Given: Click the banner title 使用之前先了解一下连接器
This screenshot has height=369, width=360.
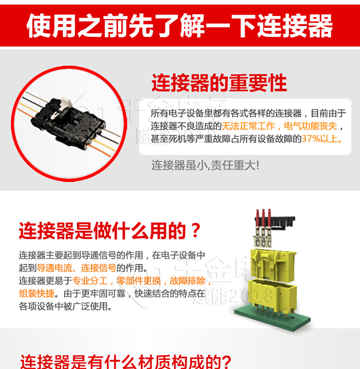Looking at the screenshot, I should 180,25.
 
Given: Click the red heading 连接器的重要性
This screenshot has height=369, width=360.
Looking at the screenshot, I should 219,83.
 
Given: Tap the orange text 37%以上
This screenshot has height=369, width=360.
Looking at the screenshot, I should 322,139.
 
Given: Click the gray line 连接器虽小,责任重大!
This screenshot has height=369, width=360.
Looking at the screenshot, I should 205,165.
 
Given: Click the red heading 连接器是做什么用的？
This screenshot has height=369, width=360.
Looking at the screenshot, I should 109,231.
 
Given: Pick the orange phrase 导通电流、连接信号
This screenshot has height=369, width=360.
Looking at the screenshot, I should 76,268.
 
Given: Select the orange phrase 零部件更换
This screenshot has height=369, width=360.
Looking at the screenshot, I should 140,281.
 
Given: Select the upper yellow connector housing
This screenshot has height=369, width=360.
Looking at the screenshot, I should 271,262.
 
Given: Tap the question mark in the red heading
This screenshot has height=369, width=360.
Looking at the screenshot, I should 194,231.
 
